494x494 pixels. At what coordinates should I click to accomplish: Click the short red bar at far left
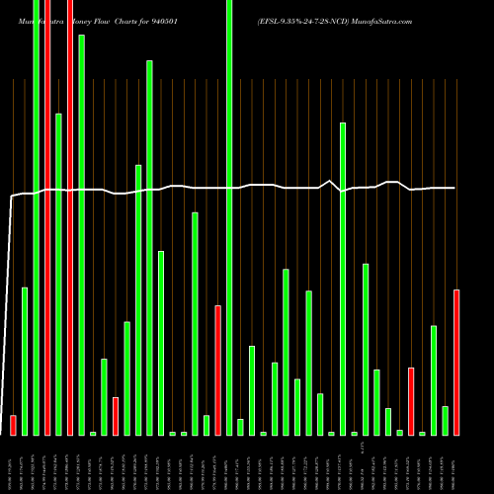(x=13, y=425)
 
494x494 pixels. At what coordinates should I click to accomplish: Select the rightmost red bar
(x=456, y=362)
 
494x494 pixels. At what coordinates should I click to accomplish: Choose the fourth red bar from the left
(x=116, y=416)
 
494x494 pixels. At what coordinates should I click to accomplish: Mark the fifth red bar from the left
(x=217, y=370)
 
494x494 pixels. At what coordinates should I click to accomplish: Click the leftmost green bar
(x=25, y=361)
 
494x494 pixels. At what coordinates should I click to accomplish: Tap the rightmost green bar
(x=446, y=420)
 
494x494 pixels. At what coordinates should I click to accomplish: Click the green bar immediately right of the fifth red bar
(x=229, y=217)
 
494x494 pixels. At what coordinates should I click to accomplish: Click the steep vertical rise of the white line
(x=9, y=296)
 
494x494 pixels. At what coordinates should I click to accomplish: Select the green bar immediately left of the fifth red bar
(x=206, y=425)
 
